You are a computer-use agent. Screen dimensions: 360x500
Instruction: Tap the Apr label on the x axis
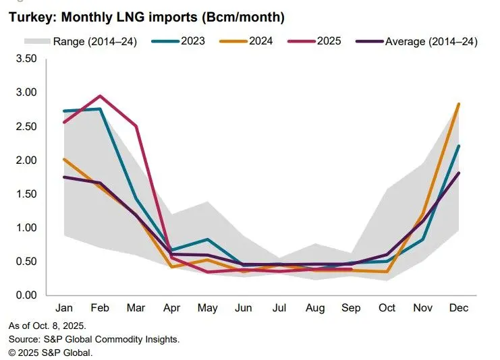(x=171, y=308)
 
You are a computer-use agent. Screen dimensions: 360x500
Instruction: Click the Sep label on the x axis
(x=351, y=308)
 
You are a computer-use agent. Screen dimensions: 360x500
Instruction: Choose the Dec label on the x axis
(x=459, y=308)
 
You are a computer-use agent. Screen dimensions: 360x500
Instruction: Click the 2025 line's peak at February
(x=100, y=96)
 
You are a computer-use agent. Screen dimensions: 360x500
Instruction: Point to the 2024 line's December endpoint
(x=460, y=104)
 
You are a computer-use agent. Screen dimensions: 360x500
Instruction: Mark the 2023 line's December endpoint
(x=460, y=146)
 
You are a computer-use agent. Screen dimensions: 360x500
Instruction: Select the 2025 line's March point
(x=136, y=126)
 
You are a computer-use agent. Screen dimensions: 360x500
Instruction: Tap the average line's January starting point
(x=63, y=177)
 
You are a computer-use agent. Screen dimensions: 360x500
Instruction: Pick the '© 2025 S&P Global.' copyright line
(x=51, y=352)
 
